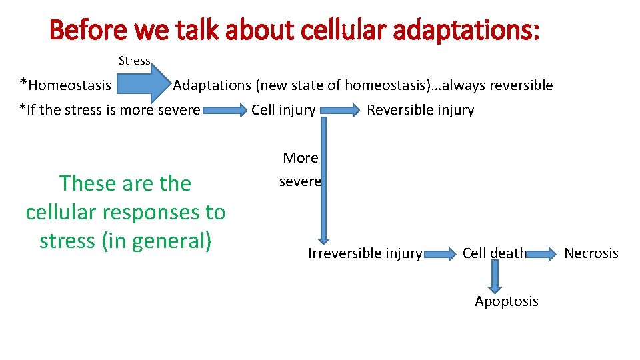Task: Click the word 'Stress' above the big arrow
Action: (x=134, y=61)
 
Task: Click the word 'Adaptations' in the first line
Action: (x=211, y=85)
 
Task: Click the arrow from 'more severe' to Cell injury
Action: (x=225, y=111)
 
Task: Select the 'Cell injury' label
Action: (x=283, y=110)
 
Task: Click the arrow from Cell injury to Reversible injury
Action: (x=340, y=111)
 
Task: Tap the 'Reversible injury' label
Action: (x=420, y=110)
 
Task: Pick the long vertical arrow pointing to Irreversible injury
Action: (x=324, y=180)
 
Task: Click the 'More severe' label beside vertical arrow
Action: (x=300, y=169)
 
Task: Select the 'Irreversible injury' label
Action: (x=365, y=253)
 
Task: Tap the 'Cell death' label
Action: (x=494, y=253)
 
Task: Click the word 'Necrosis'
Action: (x=591, y=253)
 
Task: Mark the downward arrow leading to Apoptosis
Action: (x=495, y=276)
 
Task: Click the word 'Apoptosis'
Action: (x=506, y=301)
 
